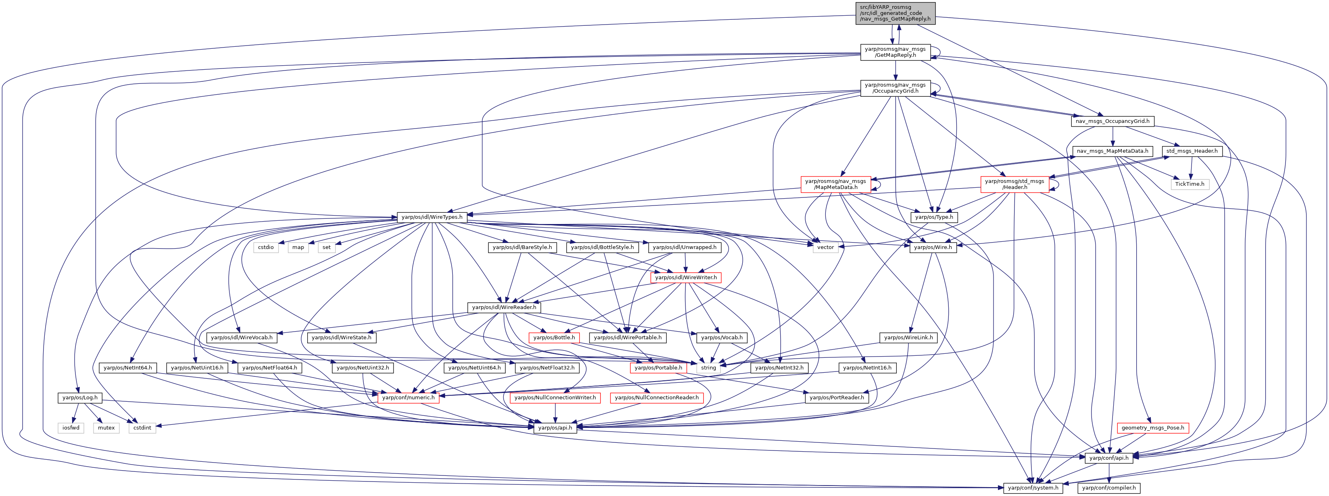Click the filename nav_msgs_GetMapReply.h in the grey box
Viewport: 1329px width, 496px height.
pyautogui.click(x=895, y=19)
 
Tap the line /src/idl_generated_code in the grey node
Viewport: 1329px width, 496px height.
pyautogui.click(x=890, y=13)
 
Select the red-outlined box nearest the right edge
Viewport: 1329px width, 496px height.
pyautogui.click(x=1152, y=428)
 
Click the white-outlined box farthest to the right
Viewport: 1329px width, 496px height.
pyautogui.click(x=1190, y=185)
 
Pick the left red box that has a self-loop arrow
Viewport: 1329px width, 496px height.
pyautogui.click(x=835, y=185)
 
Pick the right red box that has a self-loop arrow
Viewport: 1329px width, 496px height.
pyautogui.click(x=1014, y=185)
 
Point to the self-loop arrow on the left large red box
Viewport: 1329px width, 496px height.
pyautogui.click(x=877, y=184)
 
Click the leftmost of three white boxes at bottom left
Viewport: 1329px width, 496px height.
pyautogui.click(x=71, y=428)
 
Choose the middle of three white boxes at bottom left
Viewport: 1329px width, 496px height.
pyautogui.click(x=106, y=428)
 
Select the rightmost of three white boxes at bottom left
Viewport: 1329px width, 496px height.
pyautogui.click(x=142, y=428)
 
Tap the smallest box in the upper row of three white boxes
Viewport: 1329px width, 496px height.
pyautogui.click(x=327, y=247)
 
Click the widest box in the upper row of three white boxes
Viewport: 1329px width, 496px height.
pyautogui.click(x=266, y=247)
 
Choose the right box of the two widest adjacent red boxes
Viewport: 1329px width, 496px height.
pyautogui.click(x=657, y=398)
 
